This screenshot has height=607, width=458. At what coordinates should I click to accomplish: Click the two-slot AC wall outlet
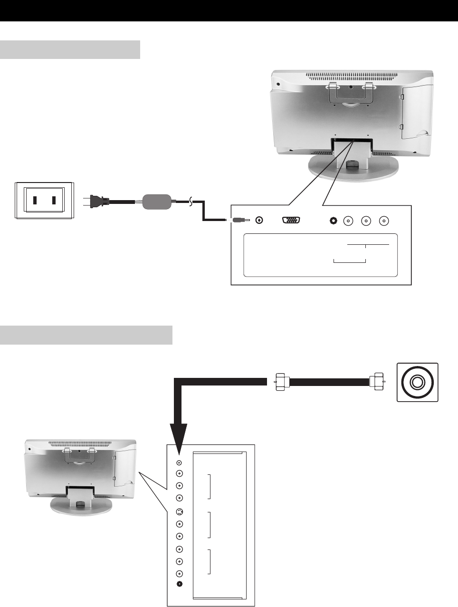click(x=44, y=200)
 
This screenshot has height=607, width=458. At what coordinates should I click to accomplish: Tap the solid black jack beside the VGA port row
click(x=333, y=221)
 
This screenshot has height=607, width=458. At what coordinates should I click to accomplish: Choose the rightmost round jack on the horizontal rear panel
click(x=384, y=221)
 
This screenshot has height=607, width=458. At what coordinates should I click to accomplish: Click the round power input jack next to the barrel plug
click(x=259, y=220)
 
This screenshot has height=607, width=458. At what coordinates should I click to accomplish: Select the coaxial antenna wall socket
click(x=417, y=382)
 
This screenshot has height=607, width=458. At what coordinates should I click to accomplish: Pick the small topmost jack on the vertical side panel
click(x=179, y=462)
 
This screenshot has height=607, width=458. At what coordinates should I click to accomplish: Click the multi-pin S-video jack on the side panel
click(x=179, y=512)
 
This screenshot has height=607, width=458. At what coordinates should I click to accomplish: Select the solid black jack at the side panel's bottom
click(x=180, y=585)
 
